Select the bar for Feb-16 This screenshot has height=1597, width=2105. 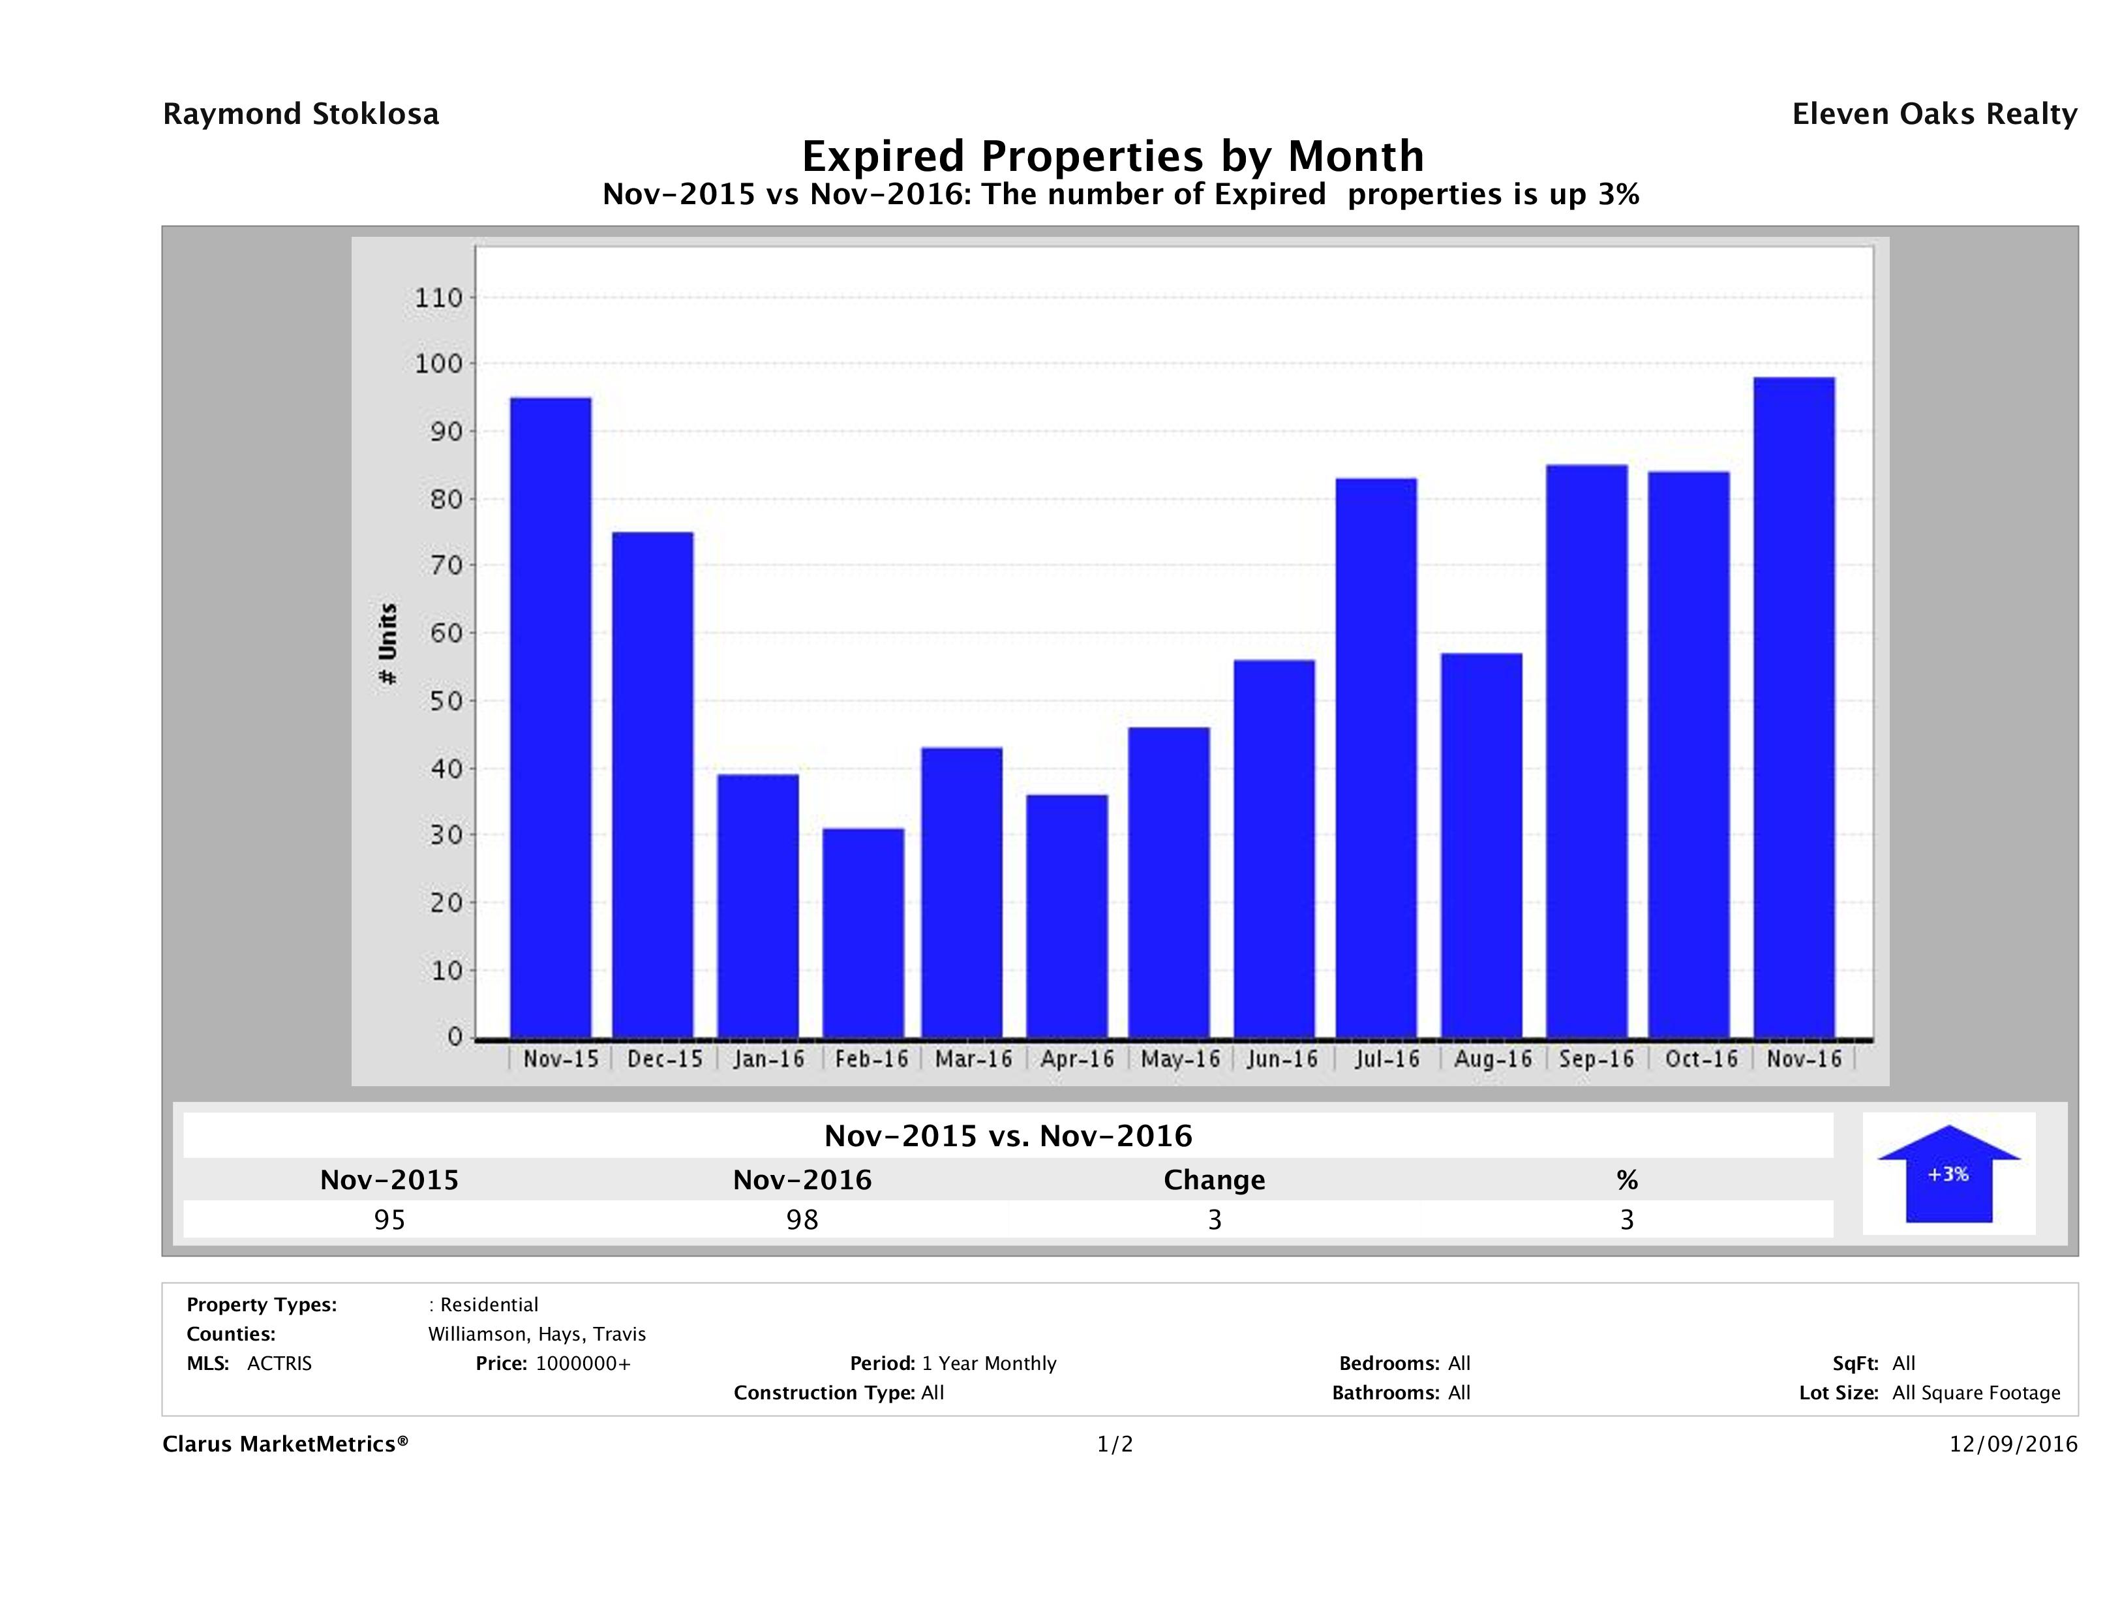(x=863, y=933)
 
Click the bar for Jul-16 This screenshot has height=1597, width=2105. (x=1376, y=757)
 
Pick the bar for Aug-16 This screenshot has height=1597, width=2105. (x=1481, y=845)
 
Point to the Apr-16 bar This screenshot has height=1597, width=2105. (x=1067, y=915)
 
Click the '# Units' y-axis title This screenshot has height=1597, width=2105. (x=388, y=643)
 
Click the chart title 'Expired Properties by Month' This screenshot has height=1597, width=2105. (x=1112, y=156)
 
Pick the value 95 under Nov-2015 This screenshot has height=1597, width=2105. (x=389, y=1219)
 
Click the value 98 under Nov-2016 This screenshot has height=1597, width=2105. (x=802, y=1219)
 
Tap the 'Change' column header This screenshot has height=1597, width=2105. (x=1215, y=1180)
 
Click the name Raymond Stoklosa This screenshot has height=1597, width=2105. (x=301, y=114)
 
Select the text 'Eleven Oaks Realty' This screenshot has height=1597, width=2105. (x=1933, y=114)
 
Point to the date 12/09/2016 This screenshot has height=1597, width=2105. (x=2012, y=1444)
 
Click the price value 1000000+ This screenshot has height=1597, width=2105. (x=583, y=1363)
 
